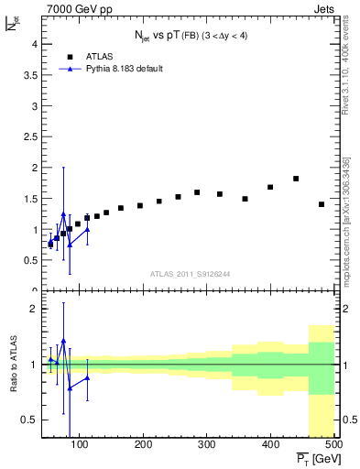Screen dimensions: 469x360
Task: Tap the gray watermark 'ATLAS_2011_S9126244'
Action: (190, 273)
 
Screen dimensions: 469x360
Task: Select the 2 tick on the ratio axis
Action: (35, 309)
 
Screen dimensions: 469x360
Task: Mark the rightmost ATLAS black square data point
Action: (321, 204)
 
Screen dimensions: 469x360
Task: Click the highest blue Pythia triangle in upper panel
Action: (63, 214)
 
